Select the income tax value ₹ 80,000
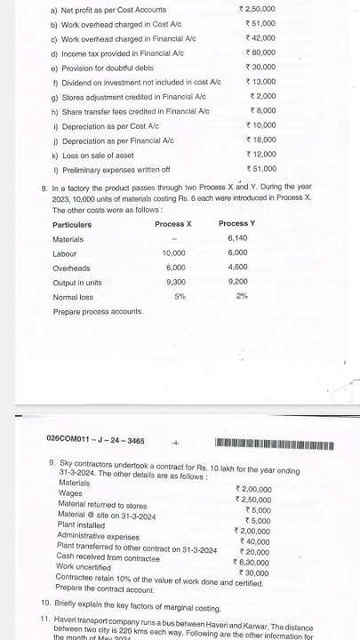[260, 77]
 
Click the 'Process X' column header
[173, 224]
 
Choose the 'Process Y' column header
[236, 224]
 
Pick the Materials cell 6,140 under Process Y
[237, 239]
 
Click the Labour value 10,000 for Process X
[173, 253]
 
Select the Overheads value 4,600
[237, 268]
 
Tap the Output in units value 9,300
[175, 282]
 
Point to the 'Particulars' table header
[72, 225]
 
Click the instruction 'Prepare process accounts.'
[98, 312]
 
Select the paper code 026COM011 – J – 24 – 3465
[95, 439]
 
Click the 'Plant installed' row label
[82, 524]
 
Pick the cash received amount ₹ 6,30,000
[252, 562]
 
